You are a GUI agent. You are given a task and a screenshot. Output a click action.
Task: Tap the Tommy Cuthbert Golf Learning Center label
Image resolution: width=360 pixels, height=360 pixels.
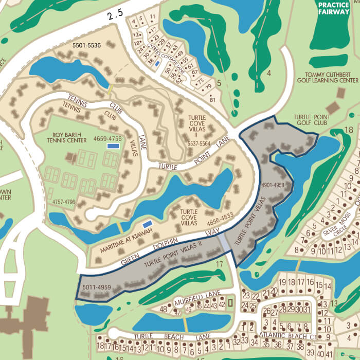pyautogui.click(x=331, y=77)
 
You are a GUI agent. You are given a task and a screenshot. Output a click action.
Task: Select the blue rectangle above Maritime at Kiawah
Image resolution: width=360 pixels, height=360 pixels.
pyautogui.click(x=147, y=224)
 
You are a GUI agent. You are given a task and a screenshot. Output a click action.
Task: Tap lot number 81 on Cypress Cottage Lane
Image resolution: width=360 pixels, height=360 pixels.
pyautogui.click(x=212, y=100)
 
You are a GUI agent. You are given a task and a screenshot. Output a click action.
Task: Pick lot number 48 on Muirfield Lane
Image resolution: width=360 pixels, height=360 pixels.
pyautogui.click(x=164, y=309)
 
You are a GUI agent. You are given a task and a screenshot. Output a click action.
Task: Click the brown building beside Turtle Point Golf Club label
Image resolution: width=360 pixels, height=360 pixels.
pyautogui.click(x=333, y=107)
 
